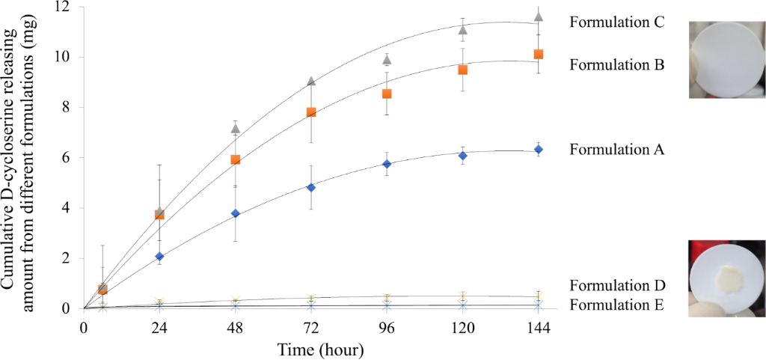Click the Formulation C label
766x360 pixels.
click(617, 22)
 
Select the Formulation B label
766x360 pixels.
click(617, 64)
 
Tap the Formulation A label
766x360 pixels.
click(617, 149)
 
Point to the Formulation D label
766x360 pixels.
click(617, 285)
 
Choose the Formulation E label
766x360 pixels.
click(617, 305)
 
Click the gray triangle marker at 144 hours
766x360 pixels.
click(539, 16)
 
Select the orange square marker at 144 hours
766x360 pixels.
click(539, 54)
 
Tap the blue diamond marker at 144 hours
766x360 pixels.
click(539, 150)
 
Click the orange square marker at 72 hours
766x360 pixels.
click(311, 112)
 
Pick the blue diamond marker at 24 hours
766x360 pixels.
click(159, 256)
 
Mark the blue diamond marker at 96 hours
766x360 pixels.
click(387, 163)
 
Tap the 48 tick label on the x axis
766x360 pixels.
click(235, 327)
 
